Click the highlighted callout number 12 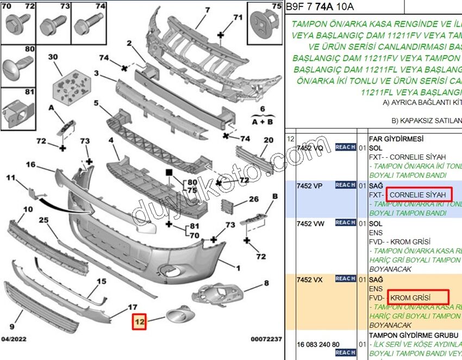pyautogui.click(x=139, y=321)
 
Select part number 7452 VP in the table pyautogui.click(x=310, y=185)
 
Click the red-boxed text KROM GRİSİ pyautogui.click(x=410, y=297)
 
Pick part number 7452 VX pyautogui.click(x=310, y=279)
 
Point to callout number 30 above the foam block pyautogui.click(x=53, y=57)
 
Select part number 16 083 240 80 pyautogui.click(x=317, y=344)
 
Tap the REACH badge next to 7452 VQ pyautogui.click(x=345, y=147)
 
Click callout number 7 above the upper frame pyautogui.click(x=207, y=10)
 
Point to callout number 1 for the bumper pyautogui.click(x=238, y=268)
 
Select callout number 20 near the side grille pyautogui.click(x=268, y=140)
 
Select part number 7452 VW pyautogui.click(x=310, y=222)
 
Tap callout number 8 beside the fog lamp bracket pyautogui.click(x=266, y=283)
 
